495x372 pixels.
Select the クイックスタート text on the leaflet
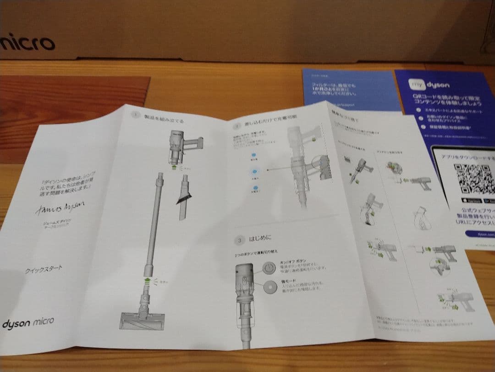coord(44,270)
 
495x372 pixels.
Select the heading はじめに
coord(260,239)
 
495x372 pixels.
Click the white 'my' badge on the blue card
coord(417,85)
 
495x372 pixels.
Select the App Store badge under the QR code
coord(467,201)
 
